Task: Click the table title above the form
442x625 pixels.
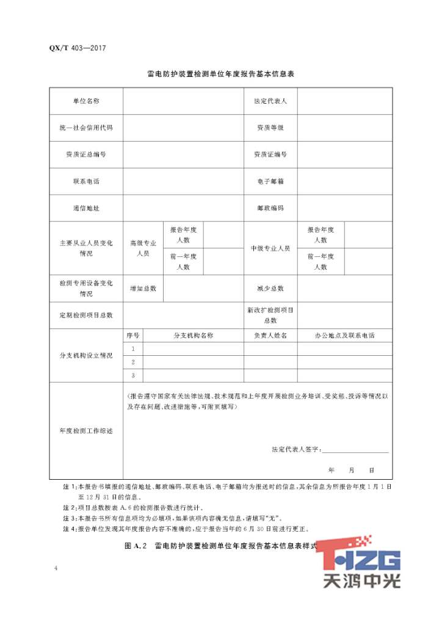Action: click(221, 74)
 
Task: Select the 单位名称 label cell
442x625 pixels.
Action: click(86, 101)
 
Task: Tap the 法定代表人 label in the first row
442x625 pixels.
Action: click(270, 101)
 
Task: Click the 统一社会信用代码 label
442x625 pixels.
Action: click(86, 128)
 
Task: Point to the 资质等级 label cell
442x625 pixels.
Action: click(270, 128)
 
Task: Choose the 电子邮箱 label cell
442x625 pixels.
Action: click(270, 181)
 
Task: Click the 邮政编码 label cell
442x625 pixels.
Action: click(270, 208)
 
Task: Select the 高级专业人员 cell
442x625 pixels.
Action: click(143, 248)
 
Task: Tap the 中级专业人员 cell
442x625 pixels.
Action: click(270, 248)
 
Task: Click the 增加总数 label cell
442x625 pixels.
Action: click(143, 288)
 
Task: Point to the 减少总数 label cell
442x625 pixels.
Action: click(270, 288)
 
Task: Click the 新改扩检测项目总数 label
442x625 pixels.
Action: click(270, 315)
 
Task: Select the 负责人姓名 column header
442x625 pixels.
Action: click(270, 336)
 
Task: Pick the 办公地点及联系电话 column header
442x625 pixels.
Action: click(344, 336)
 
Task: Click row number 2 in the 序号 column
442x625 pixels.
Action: click(133, 362)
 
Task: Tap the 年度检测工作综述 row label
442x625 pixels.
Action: click(86, 431)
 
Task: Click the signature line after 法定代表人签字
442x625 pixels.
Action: click(355, 451)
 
